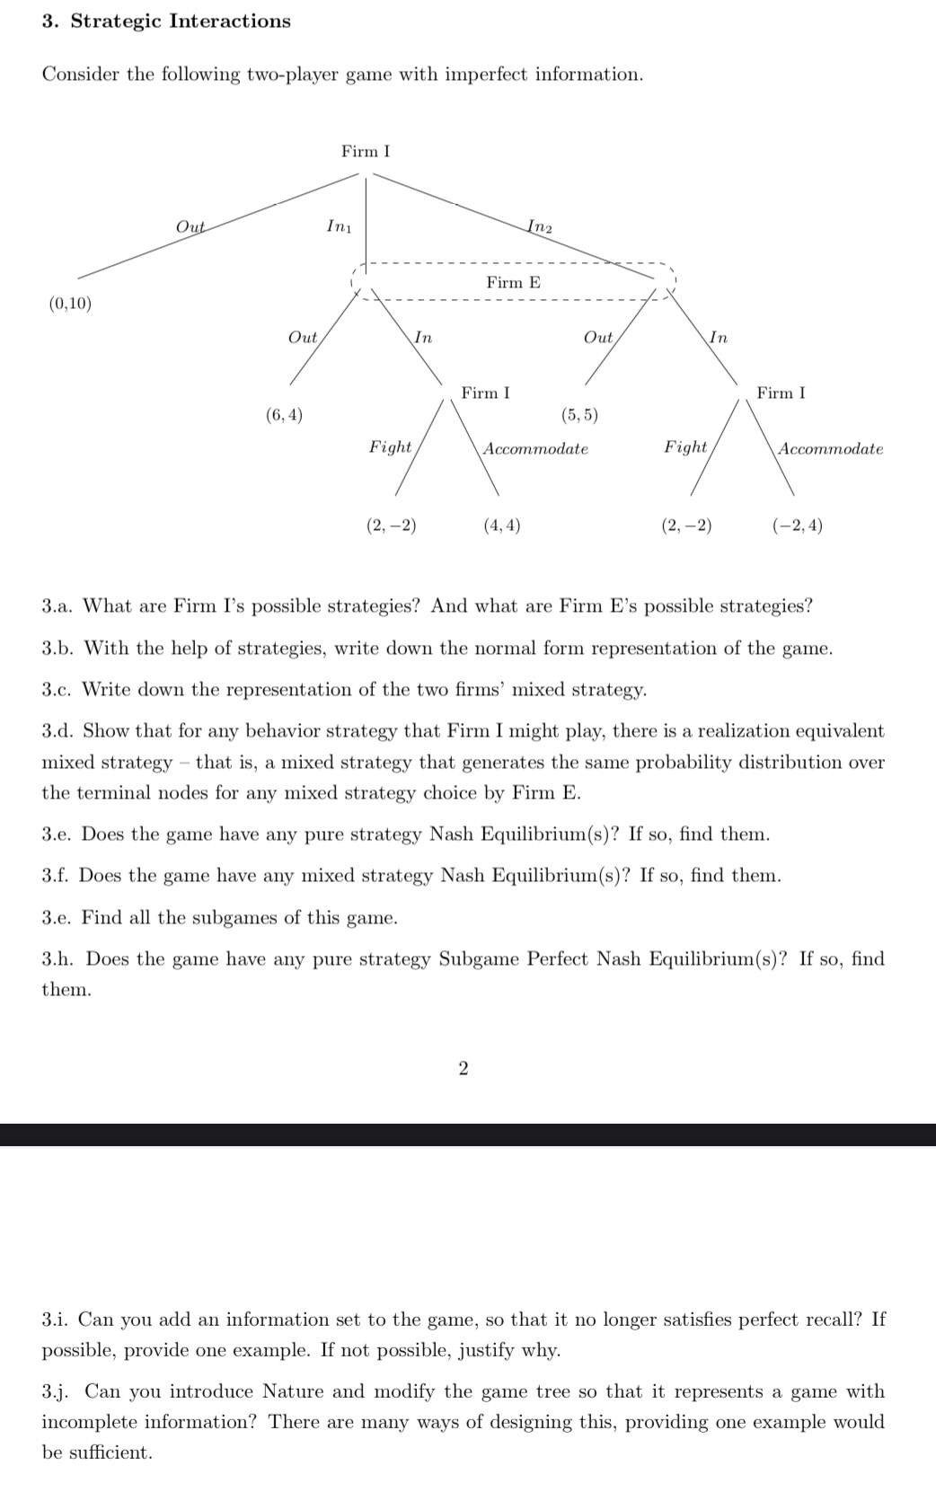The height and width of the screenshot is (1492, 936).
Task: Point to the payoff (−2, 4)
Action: [x=797, y=526]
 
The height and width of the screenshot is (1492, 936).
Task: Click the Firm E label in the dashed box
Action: [x=513, y=283]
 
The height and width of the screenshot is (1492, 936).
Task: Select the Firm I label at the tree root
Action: [x=365, y=152]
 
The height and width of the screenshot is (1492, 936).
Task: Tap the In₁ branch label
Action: [x=339, y=225]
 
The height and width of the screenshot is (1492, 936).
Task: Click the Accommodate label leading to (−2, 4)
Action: [x=830, y=448]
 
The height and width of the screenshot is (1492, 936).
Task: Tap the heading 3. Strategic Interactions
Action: [x=166, y=22]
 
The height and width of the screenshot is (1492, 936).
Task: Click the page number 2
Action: [x=463, y=1068]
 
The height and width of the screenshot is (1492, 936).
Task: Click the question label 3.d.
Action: [x=58, y=731]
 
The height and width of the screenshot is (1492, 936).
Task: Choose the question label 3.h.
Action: [x=59, y=959]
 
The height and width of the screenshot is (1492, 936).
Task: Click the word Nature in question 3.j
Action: [x=294, y=1391]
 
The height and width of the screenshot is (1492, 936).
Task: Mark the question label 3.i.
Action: [x=56, y=1320]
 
